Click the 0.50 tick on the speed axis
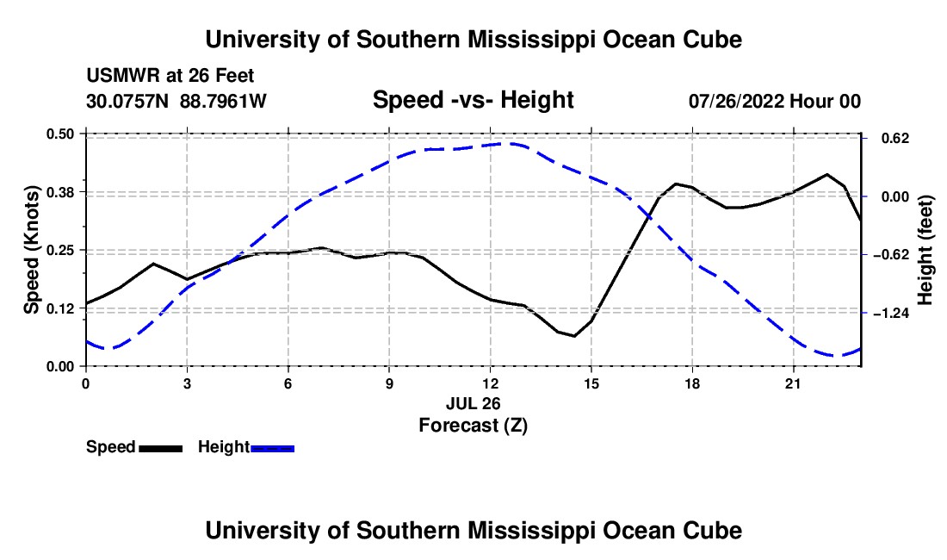click(x=59, y=134)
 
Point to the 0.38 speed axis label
click(x=59, y=192)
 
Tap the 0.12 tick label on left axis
click(x=59, y=308)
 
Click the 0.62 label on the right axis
click(x=895, y=139)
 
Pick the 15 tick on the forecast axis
click(x=591, y=383)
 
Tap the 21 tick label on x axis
click(x=793, y=383)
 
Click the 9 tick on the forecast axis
click(x=389, y=383)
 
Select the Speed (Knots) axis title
click(x=31, y=250)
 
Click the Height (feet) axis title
click(x=925, y=250)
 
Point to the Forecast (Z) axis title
click(x=473, y=426)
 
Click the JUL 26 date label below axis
click(x=473, y=403)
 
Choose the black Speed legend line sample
click(x=161, y=448)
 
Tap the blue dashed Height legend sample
click(x=272, y=448)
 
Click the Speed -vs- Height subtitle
click(x=473, y=100)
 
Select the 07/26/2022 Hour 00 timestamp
click(x=775, y=101)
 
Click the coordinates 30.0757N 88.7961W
click(x=176, y=101)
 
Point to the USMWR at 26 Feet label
click(x=170, y=76)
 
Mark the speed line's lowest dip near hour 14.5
click(x=573, y=336)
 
